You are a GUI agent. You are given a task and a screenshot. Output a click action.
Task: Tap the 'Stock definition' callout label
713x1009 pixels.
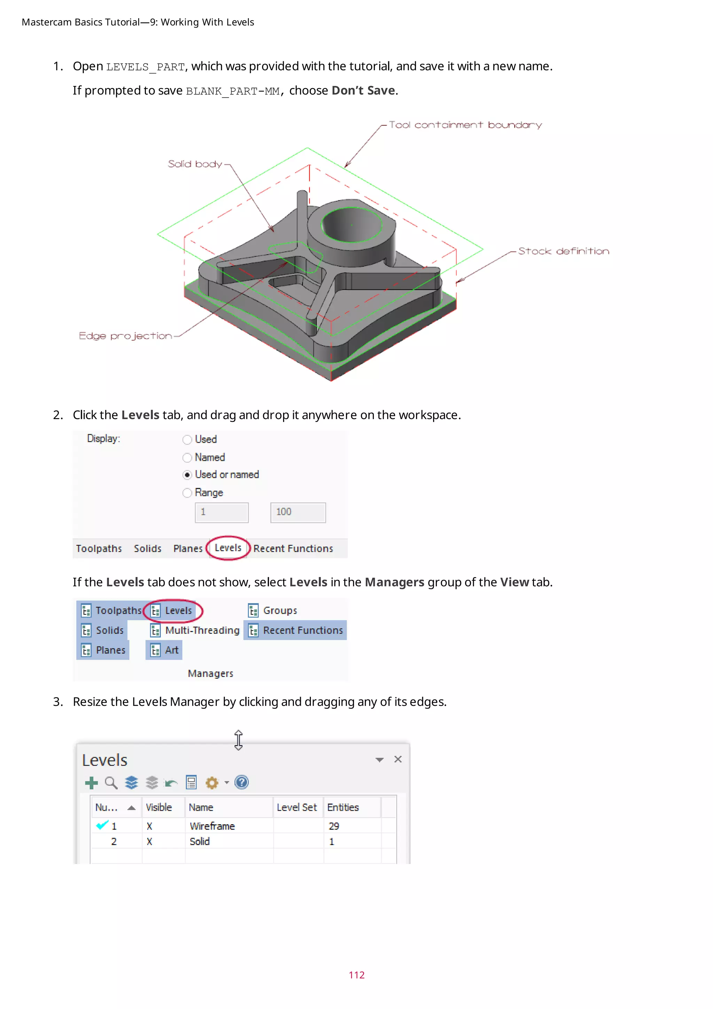point(563,251)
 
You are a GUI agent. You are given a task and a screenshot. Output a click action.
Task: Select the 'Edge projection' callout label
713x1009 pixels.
point(125,336)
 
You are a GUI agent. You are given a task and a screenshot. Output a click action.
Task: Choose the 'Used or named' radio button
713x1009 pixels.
point(187,475)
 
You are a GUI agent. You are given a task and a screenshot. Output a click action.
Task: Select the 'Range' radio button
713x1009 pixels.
point(187,493)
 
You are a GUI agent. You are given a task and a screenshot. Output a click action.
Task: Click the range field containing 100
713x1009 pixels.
point(298,513)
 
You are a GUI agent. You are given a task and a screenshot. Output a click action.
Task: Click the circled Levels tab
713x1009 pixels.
point(228,548)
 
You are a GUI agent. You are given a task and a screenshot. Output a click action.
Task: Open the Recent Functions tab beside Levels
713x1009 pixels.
point(293,549)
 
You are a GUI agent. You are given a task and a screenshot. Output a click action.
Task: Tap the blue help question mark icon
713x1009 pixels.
point(242,783)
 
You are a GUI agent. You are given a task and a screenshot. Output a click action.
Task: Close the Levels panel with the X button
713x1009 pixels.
point(398,760)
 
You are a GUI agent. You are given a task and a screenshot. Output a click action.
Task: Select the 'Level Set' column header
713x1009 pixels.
point(297,808)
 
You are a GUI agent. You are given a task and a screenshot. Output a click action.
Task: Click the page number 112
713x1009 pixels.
point(356,975)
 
